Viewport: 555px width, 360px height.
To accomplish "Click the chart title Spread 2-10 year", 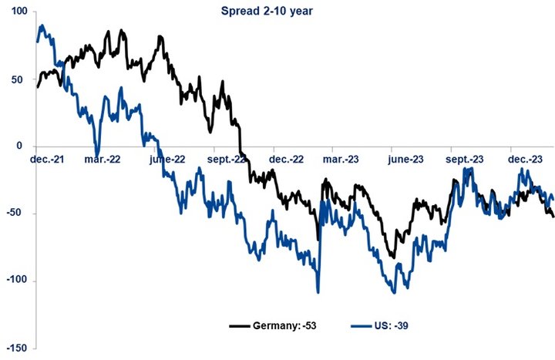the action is pos(267,12).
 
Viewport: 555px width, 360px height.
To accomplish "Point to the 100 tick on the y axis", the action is pos(19,11).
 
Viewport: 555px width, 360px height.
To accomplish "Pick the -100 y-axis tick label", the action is pos(17,280).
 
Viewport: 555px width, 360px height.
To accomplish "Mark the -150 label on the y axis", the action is pos(17,348).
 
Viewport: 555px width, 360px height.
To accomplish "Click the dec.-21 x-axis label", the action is pos(47,160).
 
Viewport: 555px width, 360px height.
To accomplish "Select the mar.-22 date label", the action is pos(103,160).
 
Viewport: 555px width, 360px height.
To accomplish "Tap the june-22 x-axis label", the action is pos(167,160).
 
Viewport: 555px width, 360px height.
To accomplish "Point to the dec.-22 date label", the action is pos(286,160).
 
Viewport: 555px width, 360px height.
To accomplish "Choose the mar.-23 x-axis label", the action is pos(341,160).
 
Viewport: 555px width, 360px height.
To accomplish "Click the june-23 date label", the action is pos(405,160).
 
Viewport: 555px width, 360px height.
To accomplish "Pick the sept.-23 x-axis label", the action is pos(464,160).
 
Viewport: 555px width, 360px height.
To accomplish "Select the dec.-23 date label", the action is pos(525,160).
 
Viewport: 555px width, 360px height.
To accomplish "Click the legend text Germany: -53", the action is pos(284,325).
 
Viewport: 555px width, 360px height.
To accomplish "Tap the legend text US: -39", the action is pos(391,325).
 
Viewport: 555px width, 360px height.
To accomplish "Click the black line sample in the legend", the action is pos(240,325).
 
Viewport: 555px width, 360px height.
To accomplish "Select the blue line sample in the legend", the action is pos(362,325).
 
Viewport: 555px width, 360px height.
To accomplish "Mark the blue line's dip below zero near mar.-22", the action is pos(97,150).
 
